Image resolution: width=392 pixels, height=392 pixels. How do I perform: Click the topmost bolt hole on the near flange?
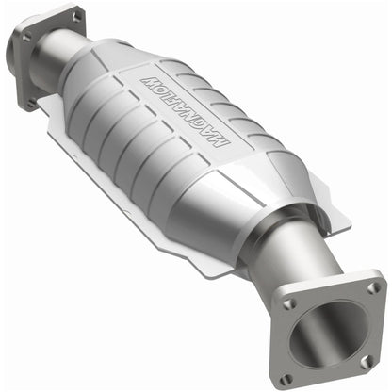click(x=374, y=288)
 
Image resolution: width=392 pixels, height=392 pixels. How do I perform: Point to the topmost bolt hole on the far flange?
click(x=77, y=16)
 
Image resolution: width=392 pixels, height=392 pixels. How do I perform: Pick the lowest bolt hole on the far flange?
click(x=31, y=103)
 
